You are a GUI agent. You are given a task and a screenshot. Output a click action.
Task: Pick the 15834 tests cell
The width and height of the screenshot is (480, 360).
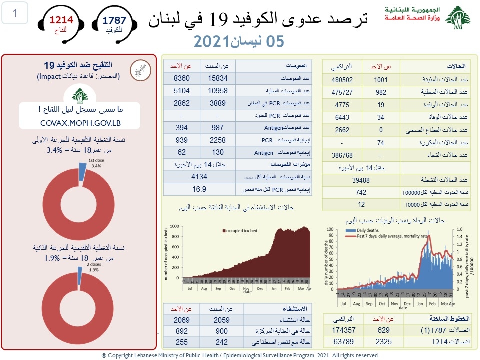[x=217, y=79]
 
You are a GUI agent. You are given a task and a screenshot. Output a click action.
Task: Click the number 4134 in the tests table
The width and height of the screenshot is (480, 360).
[x=200, y=176]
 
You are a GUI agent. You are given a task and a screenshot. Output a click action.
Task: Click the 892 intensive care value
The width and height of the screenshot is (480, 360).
[x=181, y=331]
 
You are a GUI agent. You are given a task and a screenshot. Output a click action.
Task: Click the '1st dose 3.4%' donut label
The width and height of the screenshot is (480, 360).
[x=95, y=163]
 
